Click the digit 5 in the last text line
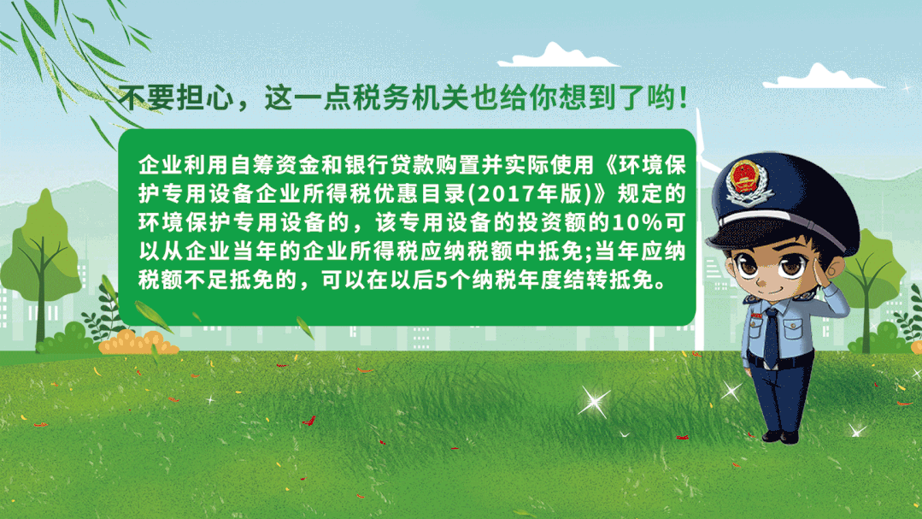(x=441, y=280)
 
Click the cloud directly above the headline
(x=556, y=56)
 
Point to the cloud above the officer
(x=823, y=77)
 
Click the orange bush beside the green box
(x=138, y=343)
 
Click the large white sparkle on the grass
(x=594, y=403)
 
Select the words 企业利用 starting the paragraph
(x=183, y=165)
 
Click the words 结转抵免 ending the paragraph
(x=608, y=280)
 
